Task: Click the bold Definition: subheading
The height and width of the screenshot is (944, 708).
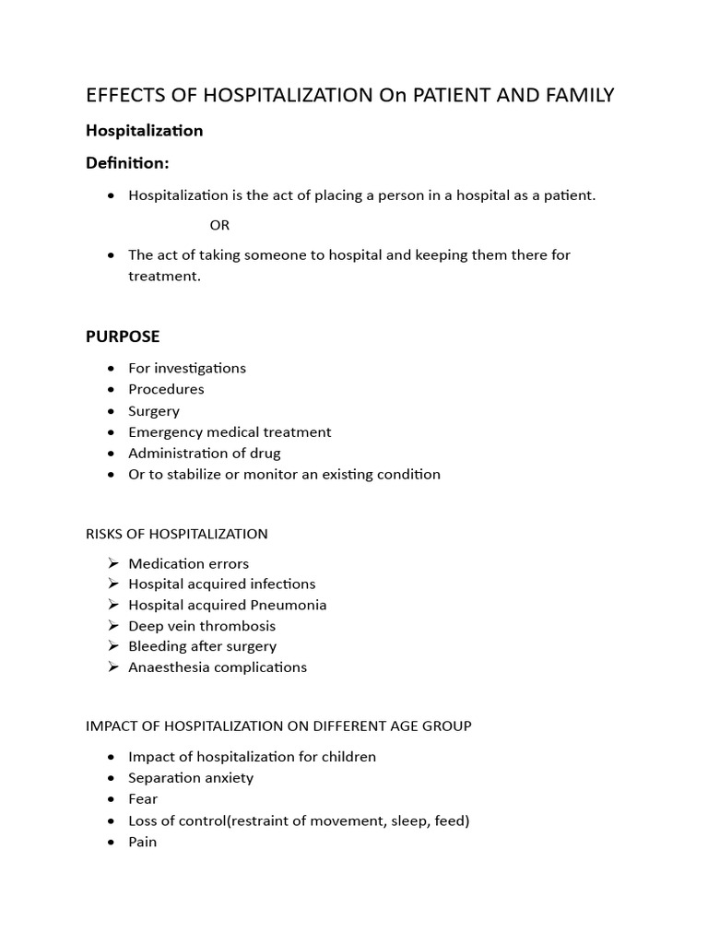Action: point(127,163)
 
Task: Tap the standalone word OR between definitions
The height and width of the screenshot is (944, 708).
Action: point(219,225)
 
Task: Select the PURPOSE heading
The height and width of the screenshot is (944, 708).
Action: point(123,336)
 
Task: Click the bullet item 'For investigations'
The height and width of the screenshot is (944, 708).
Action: point(187,368)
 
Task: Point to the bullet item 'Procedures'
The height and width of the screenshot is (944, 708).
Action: point(166,389)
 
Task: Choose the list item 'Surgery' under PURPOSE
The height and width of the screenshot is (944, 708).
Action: point(154,410)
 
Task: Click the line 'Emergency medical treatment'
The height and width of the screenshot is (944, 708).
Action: point(230,431)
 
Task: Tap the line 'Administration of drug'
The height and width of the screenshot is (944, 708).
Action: point(205,453)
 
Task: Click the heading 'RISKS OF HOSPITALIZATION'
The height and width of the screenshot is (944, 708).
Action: point(177,534)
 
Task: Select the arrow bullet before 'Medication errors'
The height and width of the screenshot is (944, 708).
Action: point(112,563)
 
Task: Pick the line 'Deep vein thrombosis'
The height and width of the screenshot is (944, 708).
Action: point(202,626)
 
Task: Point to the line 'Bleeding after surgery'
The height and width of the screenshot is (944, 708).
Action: point(202,646)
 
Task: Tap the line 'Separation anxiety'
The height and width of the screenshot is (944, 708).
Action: point(191,777)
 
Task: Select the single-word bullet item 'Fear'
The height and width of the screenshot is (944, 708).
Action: point(143,798)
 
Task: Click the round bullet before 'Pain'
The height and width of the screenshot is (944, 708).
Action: point(112,842)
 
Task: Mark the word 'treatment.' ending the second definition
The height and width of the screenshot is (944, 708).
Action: point(164,276)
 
